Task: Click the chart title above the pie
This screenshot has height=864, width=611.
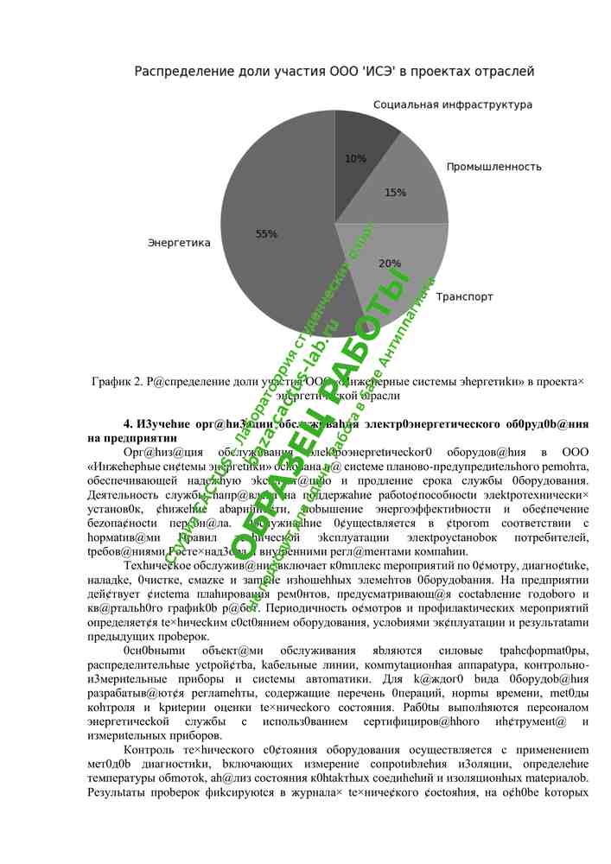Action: point(334,71)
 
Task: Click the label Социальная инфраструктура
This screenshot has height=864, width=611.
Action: point(453,105)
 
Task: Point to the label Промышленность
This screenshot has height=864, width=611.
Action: point(493,167)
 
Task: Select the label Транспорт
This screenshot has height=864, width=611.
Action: point(464,296)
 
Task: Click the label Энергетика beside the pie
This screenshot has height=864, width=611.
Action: point(179,243)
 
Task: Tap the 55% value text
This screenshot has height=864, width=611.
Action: point(266,234)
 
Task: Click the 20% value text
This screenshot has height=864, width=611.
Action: point(389,264)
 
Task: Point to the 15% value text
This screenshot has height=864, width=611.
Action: point(395,193)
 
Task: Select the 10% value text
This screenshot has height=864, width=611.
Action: point(355,159)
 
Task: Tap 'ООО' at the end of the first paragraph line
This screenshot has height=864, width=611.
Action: point(576,452)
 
